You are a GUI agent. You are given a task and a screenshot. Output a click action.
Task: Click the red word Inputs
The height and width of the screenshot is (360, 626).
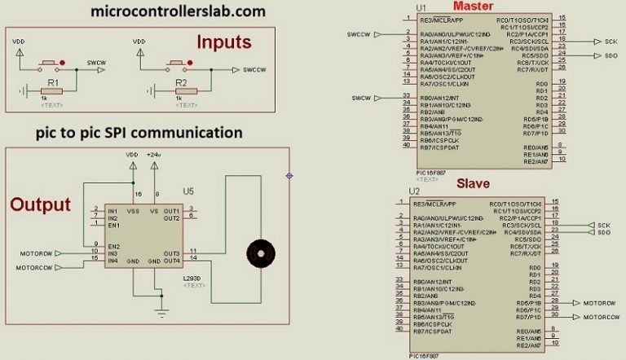[227, 42]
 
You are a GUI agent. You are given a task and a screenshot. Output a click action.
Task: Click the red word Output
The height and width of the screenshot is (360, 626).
[41, 204]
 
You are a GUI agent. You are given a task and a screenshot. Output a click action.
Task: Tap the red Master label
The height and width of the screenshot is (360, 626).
[471, 7]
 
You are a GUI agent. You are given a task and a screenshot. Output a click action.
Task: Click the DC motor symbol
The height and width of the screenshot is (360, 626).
[260, 254]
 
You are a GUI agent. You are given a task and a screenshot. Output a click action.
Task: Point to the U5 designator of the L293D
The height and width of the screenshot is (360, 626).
[188, 191]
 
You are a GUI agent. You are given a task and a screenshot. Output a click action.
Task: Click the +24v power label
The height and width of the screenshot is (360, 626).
[154, 154]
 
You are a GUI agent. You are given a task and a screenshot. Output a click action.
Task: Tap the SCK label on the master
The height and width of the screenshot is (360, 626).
[611, 41]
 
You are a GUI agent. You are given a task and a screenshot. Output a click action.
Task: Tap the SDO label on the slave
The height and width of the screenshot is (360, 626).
[603, 232]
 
